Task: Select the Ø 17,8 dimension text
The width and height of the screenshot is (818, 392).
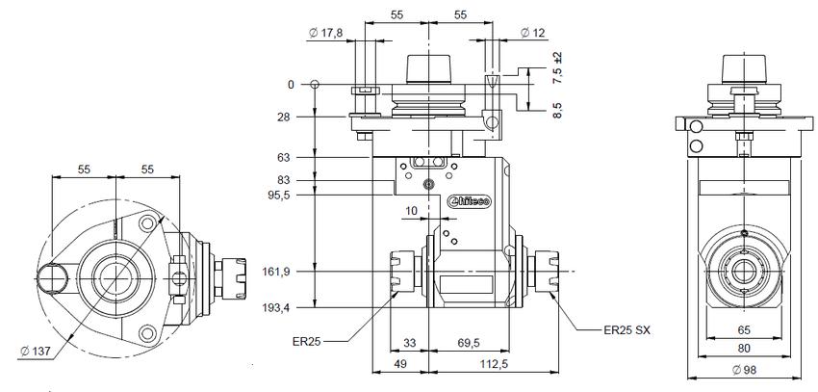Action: pyautogui.click(x=326, y=34)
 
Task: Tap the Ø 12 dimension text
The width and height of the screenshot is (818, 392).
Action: pyautogui.click(x=532, y=34)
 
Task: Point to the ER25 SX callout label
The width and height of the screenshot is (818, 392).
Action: pyautogui.click(x=627, y=330)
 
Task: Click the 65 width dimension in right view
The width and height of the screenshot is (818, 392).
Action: pyautogui.click(x=746, y=329)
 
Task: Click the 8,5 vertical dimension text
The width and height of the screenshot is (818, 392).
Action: pyautogui.click(x=557, y=108)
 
